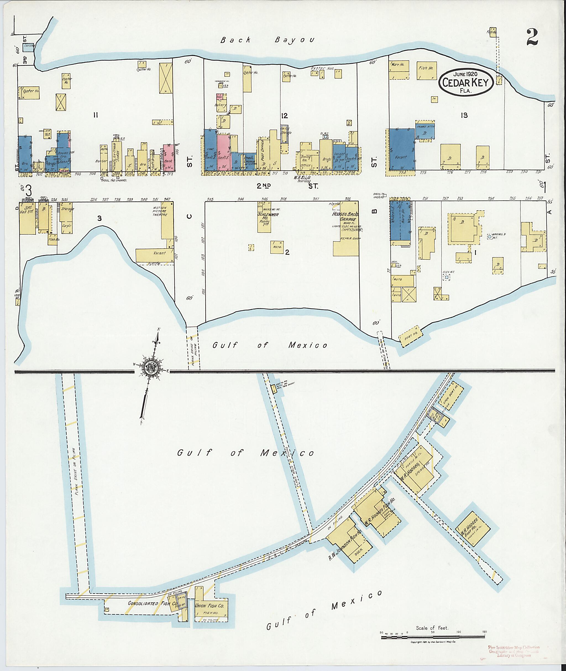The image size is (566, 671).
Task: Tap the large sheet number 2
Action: (x=532, y=37)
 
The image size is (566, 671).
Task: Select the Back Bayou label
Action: (x=268, y=40)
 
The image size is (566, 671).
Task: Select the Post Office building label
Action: (x=263, y=151)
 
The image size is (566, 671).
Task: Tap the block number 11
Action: (x=95, y=116)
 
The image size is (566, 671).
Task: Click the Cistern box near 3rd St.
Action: (x=28, y=48)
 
